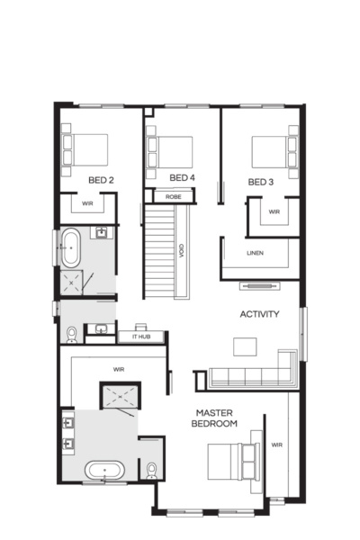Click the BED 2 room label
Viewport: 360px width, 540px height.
(100, 181)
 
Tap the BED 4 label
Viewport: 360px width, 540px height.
(183, 177)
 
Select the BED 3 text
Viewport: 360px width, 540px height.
(261, 183)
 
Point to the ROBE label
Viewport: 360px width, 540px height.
(174, 196)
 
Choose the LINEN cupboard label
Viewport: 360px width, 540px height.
(256, 253)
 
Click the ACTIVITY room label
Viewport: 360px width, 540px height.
(259, 314)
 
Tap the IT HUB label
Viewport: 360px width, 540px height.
(141, 336)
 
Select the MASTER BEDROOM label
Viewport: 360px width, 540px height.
(216, 418)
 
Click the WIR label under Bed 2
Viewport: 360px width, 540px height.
(87, 204)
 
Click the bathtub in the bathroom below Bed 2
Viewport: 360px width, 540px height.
(69, 247)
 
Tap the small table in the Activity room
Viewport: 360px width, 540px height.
(244, 346)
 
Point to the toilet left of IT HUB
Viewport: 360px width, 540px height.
(70, 334)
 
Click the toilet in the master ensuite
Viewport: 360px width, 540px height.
(151, 470)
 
